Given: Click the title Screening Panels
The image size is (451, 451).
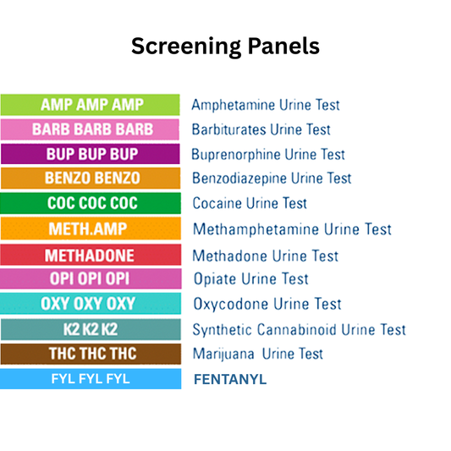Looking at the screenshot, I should pyautogui.click(x=225, y=47).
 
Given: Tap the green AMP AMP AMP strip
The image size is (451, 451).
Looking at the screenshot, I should pyautogui.click(x=91, y=105).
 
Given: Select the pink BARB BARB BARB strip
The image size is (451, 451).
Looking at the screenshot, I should pyautogui.click(x=91, y=129).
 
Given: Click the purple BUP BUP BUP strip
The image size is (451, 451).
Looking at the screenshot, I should pyautogui.click(x=91, y=154).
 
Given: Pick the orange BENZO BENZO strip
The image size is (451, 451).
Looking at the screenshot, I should pyautogui.click(x=91, y=179).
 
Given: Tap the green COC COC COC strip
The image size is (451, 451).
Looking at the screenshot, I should pyautogui.click(x=91, y=203).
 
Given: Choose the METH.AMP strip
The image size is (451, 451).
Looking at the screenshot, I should pyautogui.click(x=91, y=229).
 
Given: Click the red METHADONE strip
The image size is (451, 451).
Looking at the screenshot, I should pyautogui.click(x=91, y=255).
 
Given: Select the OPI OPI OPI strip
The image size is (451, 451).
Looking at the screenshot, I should pyautogui.click(x=91, y=279).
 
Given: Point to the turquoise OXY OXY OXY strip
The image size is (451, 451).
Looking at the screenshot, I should pyautogui.click(x=91, y=304).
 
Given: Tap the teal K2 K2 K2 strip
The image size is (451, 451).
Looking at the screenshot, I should pyautogui.click(x=91, y=329).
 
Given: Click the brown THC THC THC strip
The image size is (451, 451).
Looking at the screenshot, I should pyautogui.click(x=91, y=354).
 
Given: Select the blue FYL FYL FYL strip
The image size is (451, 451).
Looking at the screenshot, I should pyautogui.click(x=91, y=379).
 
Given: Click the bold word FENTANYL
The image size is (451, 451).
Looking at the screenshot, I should pyautogui.click(x=230, y=379).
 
